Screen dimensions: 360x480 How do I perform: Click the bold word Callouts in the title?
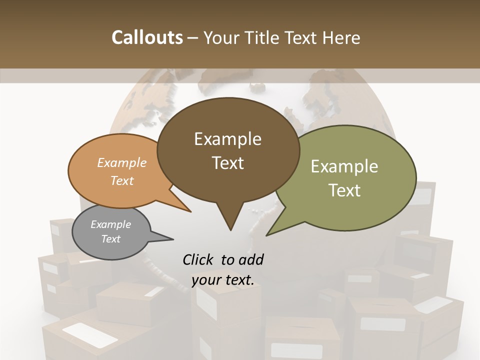pyautogui.click(x=147, y=37)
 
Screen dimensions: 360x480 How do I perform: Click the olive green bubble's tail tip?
pyautogui.click(x=267, y=235)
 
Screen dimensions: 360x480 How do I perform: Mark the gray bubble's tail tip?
pyautogui.click(x=173, y=239)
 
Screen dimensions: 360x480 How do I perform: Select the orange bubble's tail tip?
pyautogui.click(x=190, y=211)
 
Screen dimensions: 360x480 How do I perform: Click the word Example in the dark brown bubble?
pyautogui.click(x=227, y=139)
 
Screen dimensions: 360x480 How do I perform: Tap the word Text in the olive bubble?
pyautogui.click(x=345, y=190)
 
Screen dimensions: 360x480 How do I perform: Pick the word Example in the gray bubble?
pyautogui.click(x=110, y=224)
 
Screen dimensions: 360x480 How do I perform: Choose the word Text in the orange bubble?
pyautogui.click(x=122, y=180)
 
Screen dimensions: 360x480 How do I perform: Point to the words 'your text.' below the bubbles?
pyautogui.click(x=223, y=280)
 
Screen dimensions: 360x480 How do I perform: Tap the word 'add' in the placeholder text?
pyautogui.click(x=251, y=259)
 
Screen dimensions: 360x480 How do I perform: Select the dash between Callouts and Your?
pyautogui.click(x=193, y=38)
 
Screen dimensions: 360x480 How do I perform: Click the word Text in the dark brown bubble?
pyautogui.click(x=228, y=163)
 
